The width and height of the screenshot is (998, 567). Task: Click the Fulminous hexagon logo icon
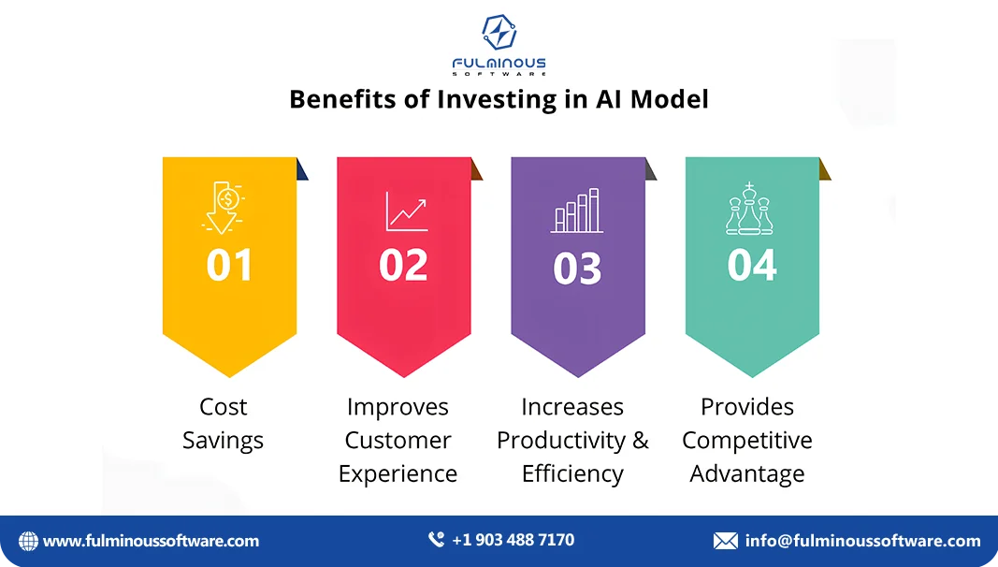point(499,32)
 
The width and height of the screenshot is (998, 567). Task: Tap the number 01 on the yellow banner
point(229,265)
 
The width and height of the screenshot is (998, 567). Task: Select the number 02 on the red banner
point(403,265)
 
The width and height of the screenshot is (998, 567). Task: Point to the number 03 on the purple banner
point(577,269)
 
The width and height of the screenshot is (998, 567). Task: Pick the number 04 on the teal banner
point(752,265)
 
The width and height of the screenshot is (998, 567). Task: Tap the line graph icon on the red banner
point(406,212)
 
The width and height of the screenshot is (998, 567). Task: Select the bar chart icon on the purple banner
point(577,211)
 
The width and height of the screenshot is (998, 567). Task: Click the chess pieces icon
point(748,209)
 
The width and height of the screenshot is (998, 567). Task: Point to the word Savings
point(224,441)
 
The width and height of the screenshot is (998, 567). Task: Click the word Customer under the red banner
point(398,441)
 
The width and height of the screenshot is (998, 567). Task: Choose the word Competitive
point(746,441)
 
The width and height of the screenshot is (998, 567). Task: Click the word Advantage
point(746,474)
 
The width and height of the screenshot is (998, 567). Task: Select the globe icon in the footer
point(28,541)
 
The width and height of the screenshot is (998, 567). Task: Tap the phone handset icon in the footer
point(437,540)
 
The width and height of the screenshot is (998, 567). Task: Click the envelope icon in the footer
point(726,541)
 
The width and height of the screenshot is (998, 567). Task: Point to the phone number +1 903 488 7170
point(513,540)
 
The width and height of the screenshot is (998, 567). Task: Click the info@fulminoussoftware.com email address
point(862,541)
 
